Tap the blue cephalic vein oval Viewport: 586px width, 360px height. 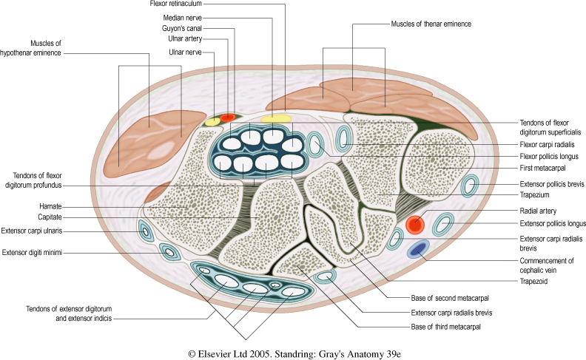[x=418, y=249]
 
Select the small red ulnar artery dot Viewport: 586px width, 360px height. [x=228, y=116]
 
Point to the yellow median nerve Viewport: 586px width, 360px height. [x=276, y=118]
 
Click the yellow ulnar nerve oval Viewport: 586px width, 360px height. [x=212, y=121]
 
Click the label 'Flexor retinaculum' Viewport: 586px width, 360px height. [x=172, y=4]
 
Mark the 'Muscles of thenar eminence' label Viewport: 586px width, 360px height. [x=431, y=24]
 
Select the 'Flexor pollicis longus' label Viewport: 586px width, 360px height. [x=548, y=157]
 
